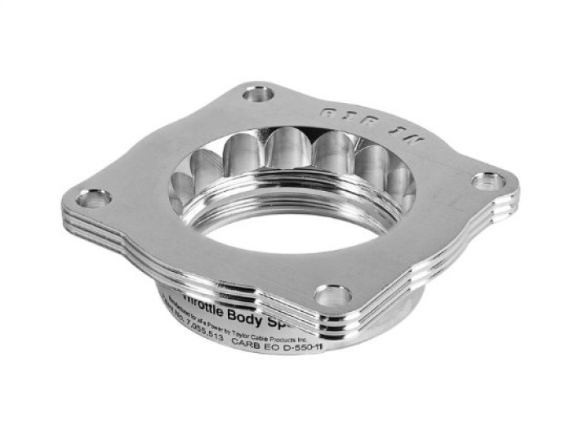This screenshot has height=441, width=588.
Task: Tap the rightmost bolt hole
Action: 488,180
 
